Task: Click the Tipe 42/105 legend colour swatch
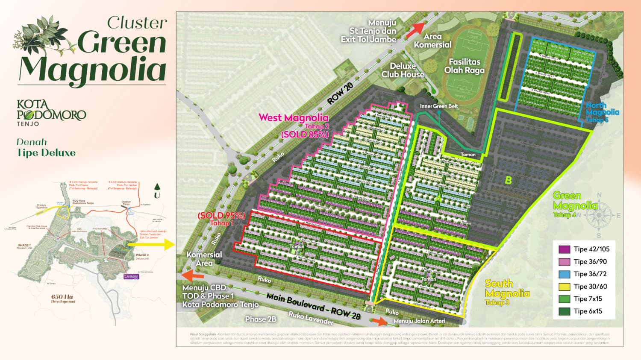(565, 249)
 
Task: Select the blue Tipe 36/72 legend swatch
(565, 274)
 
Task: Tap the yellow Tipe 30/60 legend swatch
(565, 287)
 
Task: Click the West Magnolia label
(294, 118)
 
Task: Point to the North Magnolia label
(602, 112)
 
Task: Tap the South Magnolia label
(507, 289)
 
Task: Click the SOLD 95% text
(221, 216)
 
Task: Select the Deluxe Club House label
(403, 70)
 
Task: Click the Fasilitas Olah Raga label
(464, 66)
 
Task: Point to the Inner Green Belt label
(439, 106)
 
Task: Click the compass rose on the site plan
(599, 215)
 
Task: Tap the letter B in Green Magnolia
(508, 180)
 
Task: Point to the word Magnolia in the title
(92, 69)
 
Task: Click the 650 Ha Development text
(63, 299)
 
